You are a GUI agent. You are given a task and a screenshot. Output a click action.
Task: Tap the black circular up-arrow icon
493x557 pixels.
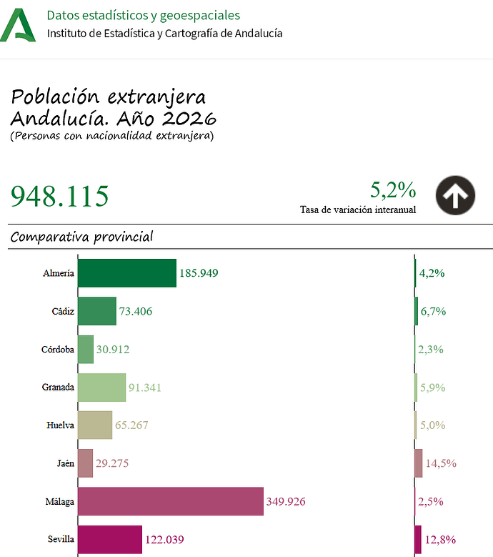(x=456, y=194)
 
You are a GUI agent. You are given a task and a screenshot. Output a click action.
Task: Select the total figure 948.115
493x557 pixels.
(x=60, y=196)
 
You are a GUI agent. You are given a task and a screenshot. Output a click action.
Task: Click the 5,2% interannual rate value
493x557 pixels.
(x=393, y=190)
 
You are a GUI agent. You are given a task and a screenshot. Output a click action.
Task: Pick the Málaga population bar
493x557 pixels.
(x=170, y=501)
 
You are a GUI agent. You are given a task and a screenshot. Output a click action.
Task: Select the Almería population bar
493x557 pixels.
(x=126, y=273)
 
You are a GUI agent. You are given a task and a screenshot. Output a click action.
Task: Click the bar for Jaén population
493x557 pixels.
(x=85, y=463)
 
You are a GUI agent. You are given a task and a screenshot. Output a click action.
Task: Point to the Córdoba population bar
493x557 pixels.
(x=85, y=350)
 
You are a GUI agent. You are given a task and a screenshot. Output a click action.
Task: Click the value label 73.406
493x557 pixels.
(x=136, y=312)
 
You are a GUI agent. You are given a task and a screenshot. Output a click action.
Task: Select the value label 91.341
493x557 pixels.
(x=147, y=388)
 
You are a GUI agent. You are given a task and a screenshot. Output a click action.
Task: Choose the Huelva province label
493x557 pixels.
(x=60, y=425)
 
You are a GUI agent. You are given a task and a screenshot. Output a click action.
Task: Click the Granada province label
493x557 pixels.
(x=58, y=388)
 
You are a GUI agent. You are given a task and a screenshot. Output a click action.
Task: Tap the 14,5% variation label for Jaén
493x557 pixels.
(x=441, y=463)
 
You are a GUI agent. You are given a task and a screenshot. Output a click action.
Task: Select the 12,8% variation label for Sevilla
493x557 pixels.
(x=441, y=540)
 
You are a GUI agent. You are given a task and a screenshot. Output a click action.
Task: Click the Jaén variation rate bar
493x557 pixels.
(x=418, y=463)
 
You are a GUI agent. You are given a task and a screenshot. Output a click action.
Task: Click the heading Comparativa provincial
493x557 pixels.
(x=82, y=237)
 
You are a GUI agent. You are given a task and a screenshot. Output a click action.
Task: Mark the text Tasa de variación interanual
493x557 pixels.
(x=358, y=210)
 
